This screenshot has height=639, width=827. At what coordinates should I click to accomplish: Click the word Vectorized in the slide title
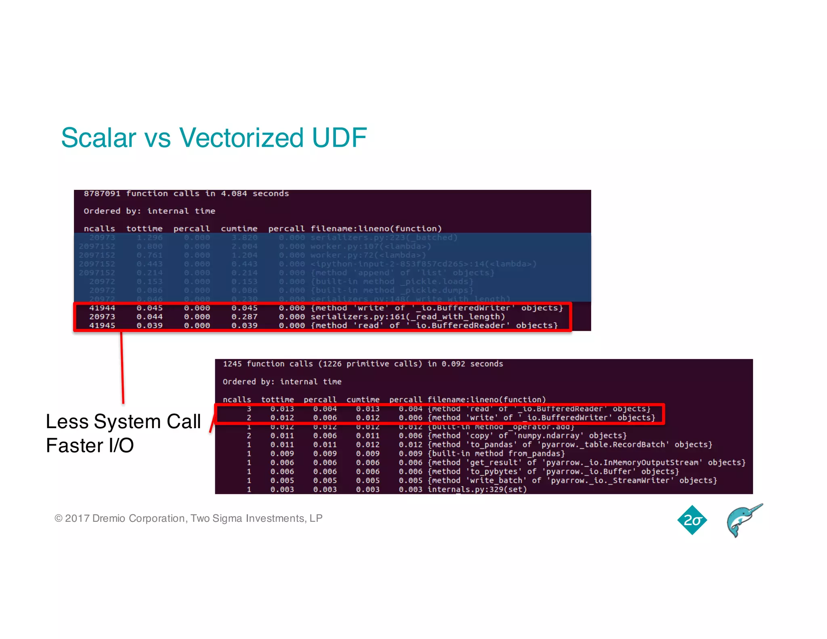tap(241, 138)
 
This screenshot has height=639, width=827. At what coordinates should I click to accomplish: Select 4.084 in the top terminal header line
tap(233, 194)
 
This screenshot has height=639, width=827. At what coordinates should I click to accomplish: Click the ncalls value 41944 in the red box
tap(102, 308)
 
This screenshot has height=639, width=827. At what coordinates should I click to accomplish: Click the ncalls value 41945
tap(102, 326)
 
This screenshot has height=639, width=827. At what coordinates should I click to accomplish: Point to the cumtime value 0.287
tap(244, 317)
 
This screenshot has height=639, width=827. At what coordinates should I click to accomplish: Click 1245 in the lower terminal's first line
tap(232, 364)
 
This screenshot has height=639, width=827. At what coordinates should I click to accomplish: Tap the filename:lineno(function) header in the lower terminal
tap(486, 399)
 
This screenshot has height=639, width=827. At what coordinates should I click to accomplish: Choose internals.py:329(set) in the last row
tap(477, 490)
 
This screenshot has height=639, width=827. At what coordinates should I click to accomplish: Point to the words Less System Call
tap(123, 422)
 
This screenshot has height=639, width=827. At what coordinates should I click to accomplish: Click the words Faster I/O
tap(90, 446)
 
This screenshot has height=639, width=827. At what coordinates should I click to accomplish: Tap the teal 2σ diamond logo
tap(692, 520)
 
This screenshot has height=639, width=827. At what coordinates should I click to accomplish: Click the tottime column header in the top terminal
tap(144, 229)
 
